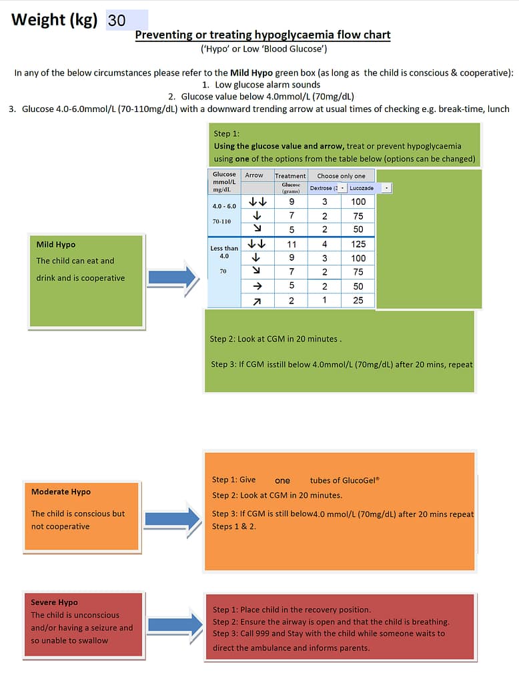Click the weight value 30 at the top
point(117,20)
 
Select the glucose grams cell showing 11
point(292,244)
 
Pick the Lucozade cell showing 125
point(358,244)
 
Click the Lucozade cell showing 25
point(358,300)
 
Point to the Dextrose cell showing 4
point(325,244)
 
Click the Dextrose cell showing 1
point(325,300)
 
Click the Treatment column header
point(290,176)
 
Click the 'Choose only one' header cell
point(341,176)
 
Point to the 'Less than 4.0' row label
point(224,251)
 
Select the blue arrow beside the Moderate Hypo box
point(173,518)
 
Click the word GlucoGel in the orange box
point(345,480)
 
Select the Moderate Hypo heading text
point(61,492)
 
